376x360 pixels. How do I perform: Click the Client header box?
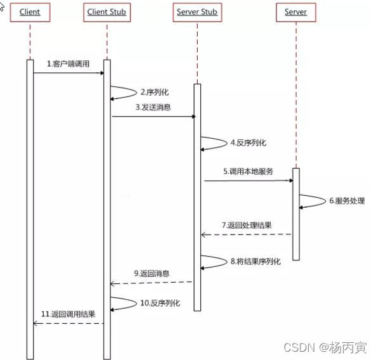[29, 13]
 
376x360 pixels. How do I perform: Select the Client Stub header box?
[107, 13]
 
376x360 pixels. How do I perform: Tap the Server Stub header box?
[197, 13]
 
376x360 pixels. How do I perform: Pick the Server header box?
[295, 13]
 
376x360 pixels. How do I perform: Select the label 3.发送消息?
[153, 108]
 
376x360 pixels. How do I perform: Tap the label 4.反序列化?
[249, 143]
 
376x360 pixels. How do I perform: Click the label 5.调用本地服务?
[248, 171]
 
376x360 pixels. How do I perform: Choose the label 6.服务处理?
[346, 201]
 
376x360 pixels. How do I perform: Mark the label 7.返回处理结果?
[248, 226]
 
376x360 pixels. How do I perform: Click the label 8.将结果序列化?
[256, 260]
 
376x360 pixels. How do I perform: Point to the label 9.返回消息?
[152, 274]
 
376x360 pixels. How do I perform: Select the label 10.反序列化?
[160, 303]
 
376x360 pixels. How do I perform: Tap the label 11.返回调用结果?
[68, 314]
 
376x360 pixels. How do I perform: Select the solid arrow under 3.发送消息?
[153, 117]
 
